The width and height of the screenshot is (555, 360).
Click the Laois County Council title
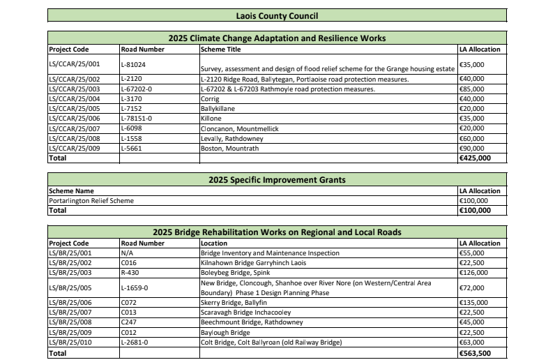point(277,15)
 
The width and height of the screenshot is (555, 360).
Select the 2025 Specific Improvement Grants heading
point(277,179)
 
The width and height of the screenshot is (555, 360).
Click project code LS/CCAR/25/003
point(75,89)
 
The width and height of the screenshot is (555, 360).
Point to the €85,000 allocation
point(473,89)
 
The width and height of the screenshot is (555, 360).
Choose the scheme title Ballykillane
point(218,109)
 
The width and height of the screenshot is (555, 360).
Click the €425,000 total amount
point(475,158)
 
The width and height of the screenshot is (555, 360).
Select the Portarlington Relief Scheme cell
point(91,201)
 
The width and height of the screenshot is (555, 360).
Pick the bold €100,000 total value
point(475,210)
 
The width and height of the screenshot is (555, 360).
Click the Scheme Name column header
point(71,191)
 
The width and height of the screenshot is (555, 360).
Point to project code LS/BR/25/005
point(73,287)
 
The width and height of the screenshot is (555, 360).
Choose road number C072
point(130,302)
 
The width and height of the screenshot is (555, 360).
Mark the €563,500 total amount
point(475,354)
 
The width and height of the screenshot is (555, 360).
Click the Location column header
point(214,243)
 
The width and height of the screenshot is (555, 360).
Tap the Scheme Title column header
point(220,50)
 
